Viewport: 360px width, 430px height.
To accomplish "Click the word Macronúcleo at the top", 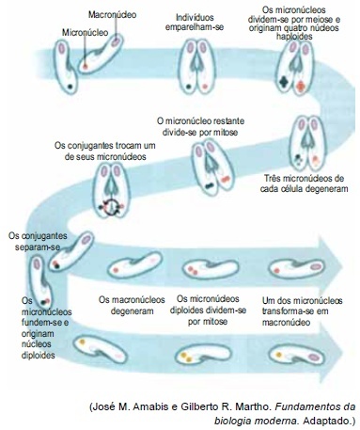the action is [x=112, y=14].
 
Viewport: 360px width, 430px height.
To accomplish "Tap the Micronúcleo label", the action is [x=85, y=32].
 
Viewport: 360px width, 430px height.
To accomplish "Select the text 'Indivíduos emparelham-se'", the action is [x=195, y=23].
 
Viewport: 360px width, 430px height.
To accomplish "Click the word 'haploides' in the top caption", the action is [x=294, y=37].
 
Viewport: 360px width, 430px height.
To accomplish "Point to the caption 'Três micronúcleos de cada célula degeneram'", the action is [x=304, y=183].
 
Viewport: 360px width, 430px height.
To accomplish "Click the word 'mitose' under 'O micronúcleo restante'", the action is [x=224, y=132].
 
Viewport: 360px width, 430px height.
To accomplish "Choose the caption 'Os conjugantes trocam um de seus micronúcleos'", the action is [x=105, y=151].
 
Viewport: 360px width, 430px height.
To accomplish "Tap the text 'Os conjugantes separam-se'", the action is [x=38, y=241].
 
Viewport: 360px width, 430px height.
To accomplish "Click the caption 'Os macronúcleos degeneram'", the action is [x=132, y=305].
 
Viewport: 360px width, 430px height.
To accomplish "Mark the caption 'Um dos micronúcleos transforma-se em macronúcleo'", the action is [x=302, y=311].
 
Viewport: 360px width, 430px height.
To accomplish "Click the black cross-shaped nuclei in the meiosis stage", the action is [x=284, y=82].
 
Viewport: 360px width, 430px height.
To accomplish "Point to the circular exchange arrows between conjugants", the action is [x=111, y=207].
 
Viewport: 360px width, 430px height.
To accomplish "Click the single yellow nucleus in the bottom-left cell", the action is [x=82, y=342].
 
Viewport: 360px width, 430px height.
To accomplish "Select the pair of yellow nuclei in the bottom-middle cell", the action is [x=185, y=358].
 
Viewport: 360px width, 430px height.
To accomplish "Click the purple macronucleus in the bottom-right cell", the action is [x=314, y=357].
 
